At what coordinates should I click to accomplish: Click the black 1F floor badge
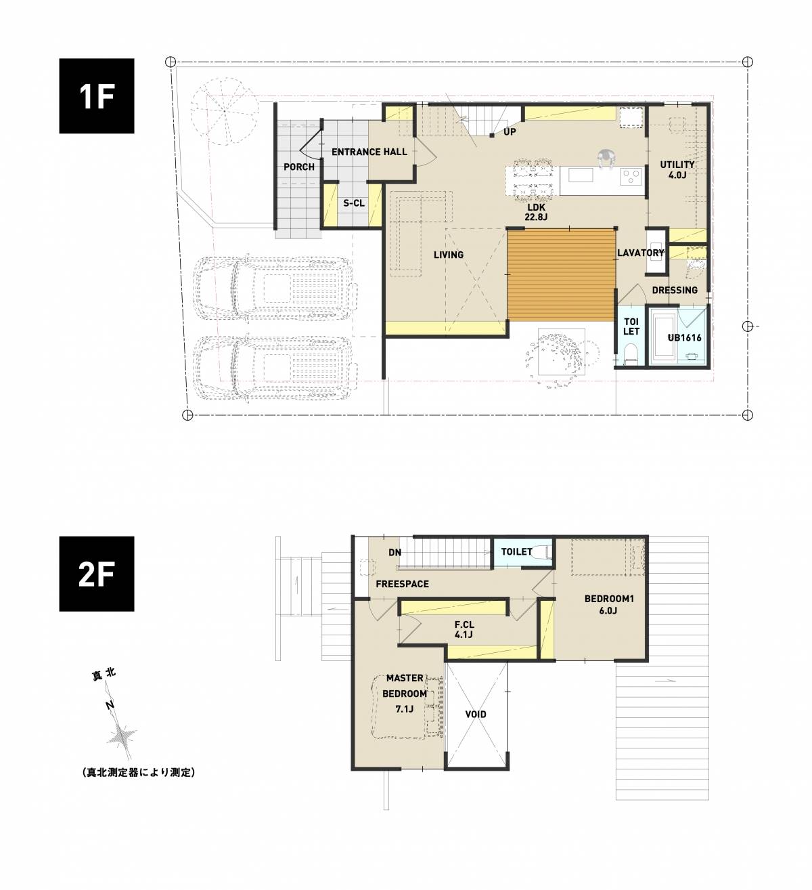point(97,96)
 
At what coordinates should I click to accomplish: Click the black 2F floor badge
point(97,574)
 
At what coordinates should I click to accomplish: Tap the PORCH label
point(298,167)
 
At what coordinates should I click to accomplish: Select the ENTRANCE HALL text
point(369,152)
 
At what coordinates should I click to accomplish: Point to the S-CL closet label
point(354,203)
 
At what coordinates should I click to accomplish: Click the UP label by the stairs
point(510,132)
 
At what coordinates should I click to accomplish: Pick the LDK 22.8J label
point(537,212)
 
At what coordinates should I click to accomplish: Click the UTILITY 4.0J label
point(677,169)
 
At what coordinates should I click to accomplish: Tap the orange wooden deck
point(561,274)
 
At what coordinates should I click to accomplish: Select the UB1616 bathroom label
point(684,337)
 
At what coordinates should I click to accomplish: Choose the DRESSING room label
point(675,290)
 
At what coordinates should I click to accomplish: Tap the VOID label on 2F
point(476,715)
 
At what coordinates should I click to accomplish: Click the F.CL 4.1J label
point(464,629)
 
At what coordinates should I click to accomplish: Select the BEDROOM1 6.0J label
point(609,604)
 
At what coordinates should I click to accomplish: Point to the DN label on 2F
point(394,553)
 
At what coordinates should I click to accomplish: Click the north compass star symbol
point(121,738)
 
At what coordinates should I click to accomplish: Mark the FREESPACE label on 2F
point(402,584)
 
